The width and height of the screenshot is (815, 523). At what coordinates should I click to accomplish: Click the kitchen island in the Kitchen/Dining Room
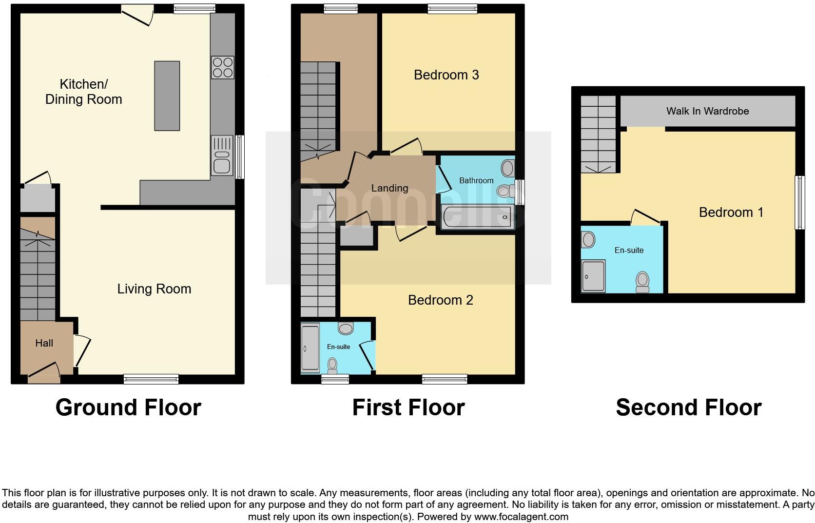(167, 96)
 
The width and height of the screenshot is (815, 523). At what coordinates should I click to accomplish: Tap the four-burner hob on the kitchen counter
(222, 68)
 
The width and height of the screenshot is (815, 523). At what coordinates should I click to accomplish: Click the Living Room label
(154, 289)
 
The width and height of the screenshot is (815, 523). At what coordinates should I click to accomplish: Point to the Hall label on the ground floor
(44, 343)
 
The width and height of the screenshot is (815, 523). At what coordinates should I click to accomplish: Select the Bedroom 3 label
(446, 75)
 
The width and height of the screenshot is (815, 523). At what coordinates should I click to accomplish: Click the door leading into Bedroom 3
(407, 147)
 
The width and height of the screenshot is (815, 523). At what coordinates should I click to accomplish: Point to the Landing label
(389, 188)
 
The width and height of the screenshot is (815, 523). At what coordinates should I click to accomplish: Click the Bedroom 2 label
(440, 300)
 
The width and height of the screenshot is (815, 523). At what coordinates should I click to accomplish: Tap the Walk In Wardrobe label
(707, 111)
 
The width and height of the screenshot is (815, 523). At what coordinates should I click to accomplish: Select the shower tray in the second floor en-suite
(593, 276)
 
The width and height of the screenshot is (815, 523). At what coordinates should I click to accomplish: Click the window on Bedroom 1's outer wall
(799, 202)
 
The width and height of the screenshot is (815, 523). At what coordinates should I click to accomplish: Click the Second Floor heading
(688, 407)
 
